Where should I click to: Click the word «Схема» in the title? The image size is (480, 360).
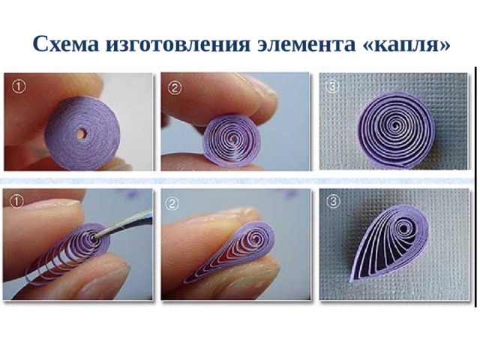click(66, 44)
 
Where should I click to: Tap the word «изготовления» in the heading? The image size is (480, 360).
click(178, 44)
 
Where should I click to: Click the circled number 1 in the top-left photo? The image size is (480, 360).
click(19, 87)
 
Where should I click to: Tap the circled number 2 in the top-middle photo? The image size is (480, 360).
click(175, 88)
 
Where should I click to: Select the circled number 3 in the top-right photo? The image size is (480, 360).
click(331, 87)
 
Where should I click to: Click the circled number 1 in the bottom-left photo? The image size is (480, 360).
click(16, 202)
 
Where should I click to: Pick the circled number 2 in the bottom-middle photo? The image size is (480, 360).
click(172, 203)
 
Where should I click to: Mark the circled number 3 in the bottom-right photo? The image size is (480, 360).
click(333, 202)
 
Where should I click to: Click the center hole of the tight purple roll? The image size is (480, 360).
click(81, 133)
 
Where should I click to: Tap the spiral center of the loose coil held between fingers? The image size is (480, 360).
click(234, 140)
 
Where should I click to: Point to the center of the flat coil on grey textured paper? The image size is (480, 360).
click(397, 125)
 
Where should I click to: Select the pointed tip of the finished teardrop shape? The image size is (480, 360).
click(352, 280)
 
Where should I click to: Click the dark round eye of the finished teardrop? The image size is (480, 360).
click(403, 229)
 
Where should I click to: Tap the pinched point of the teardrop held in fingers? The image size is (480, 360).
click(185, 281)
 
